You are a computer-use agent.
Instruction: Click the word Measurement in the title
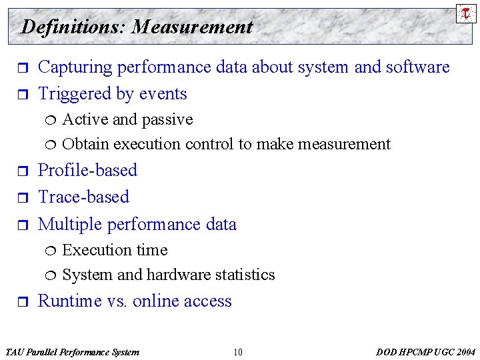pos(192,27)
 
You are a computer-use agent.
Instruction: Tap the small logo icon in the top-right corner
pos(466,13)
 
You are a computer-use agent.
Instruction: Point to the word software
pos(416,67)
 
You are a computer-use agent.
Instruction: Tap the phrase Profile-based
pos(87,171)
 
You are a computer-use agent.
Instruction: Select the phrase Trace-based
pos(83,197)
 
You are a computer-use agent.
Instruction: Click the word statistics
pos(244,275)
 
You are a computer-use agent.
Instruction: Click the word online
pos(157,301)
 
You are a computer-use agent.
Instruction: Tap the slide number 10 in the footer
pos(238,352)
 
